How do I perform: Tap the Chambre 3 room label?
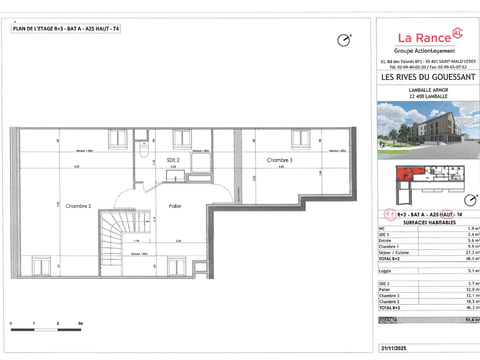(x=279, y=160)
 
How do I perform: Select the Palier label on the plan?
(x=174, y=206)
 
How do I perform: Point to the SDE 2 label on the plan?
(x=173, y=160)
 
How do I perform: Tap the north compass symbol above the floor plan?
(x=344, y=40)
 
